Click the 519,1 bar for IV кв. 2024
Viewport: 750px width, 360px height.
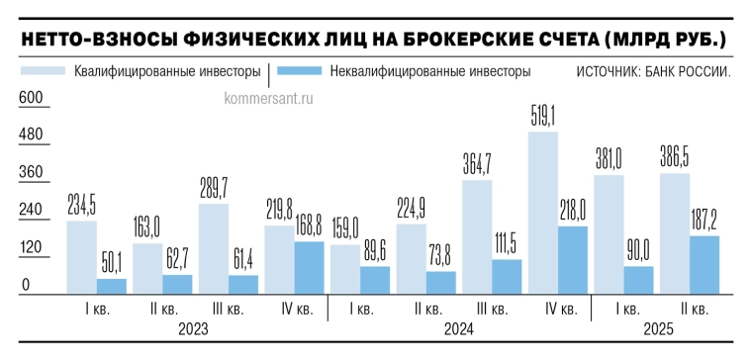tap(542, 213)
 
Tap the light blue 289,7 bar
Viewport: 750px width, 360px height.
tap(214, 248)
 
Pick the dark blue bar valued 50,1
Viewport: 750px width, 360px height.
tap(112, 286)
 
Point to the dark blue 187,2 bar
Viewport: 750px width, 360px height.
tap(704, 264)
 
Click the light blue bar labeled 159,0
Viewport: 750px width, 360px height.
tap(345, 268)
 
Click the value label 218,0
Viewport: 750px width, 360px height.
tap(572, 209)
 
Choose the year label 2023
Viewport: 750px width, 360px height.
tap(194, 328)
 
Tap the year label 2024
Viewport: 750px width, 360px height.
tap(458, 328)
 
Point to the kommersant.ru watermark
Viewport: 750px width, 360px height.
tap(269, 98)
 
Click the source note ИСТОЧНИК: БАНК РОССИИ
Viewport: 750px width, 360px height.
tap(654, 71)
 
